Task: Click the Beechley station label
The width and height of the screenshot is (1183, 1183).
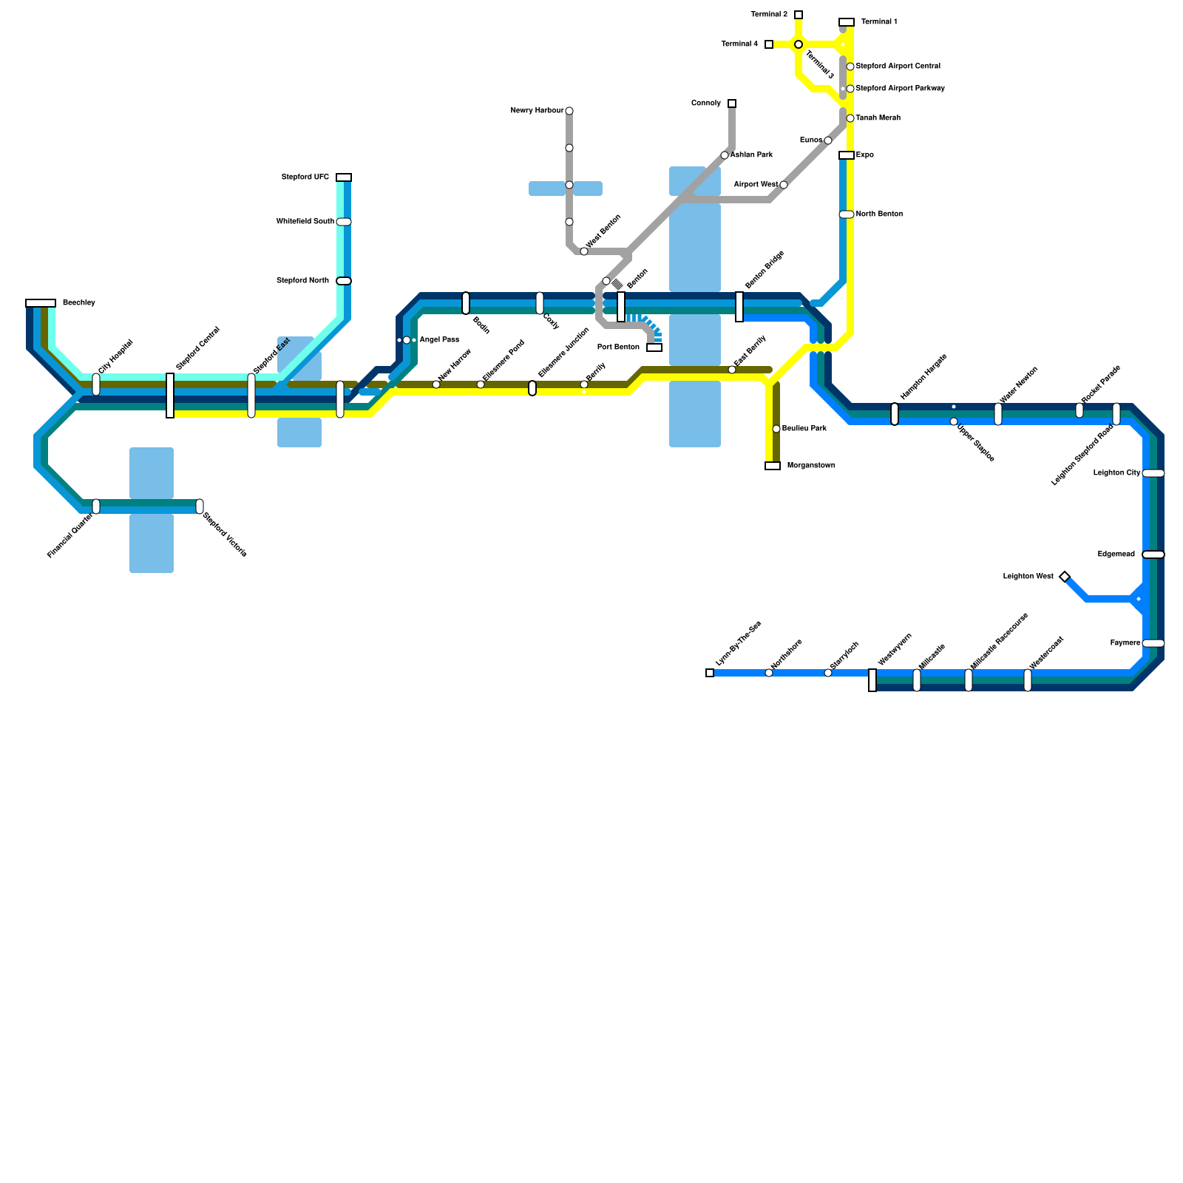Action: pyautogui.click(x=79, y=303)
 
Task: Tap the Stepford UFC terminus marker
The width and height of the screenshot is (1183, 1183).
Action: pyautogui.click(x=344, y=177)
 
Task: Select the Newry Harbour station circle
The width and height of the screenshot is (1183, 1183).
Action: pyautogui.click(x=569, y=111)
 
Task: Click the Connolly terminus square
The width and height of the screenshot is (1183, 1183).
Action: pyautogui.click(x=732, y=104)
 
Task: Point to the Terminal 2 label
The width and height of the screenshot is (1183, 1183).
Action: pyautogui.click(x=769, y=15)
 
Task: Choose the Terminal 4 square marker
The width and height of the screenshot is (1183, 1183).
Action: pyautogui.click(x=769, y=44)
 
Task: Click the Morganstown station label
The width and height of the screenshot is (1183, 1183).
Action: pyautogui.click(x=811, y=466)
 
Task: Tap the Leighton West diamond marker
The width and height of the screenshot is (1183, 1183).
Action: pyautogui.click(x=1065, y=577)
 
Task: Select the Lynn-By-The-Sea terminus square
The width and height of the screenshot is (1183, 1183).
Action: pyautogui.click(x=710, y=673)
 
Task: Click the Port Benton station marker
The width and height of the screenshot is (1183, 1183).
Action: pyautogui.click(x=654, y=348)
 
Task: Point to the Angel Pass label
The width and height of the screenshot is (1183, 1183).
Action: pyautogui.click(x=439, y=340)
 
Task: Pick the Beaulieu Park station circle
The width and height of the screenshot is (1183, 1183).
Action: pyautogui.click(x=776, y=429)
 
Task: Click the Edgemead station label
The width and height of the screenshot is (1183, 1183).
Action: pyautogui.click(x=1116, y=555)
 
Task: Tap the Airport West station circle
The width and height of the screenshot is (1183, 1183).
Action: pyautogui.click(x=784, y=185)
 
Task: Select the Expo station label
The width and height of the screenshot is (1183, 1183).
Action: pyautogui.click(x=865, y=155)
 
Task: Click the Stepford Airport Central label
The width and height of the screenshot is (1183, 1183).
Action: pyautogui.click(x=898, y=67)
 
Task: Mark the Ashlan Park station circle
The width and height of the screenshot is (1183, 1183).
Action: pyautogui.click(x=725, y=155)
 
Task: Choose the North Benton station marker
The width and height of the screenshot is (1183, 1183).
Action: pyautogui.click(x=847, y=214)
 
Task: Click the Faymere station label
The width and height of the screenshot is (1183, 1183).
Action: pyautogui.click(x=1125, y=643)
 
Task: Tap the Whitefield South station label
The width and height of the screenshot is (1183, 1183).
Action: pyautogui.click(x=305, y=222)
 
